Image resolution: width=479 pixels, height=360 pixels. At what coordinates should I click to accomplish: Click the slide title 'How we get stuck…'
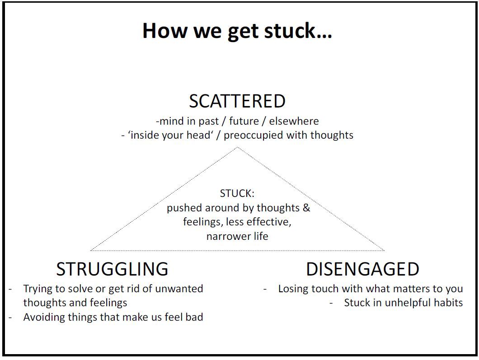[x=237, y=31]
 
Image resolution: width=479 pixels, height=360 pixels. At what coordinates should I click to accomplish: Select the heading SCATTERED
[x=237, y=101]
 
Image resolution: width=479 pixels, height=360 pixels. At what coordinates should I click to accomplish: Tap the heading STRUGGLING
[x=112, y=269]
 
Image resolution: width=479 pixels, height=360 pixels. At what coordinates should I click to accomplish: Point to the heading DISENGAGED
[x=362, y=269]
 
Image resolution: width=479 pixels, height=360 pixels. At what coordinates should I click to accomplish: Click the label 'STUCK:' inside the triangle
[x=237, y=194]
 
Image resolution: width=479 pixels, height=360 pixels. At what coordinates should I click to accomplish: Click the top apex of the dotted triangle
[x=238, y=148]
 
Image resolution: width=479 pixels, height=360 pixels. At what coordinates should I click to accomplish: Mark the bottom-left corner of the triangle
[x=91, y=250]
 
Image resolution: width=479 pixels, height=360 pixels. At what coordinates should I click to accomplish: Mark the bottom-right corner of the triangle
[x=384, y=250]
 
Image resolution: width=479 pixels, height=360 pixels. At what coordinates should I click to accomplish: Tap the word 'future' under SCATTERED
[x=244, y=121]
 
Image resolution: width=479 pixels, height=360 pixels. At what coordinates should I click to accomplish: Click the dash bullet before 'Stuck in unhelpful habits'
[x=331, y=303]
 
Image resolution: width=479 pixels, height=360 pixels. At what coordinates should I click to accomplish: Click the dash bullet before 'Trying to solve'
[x=10, y=288]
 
